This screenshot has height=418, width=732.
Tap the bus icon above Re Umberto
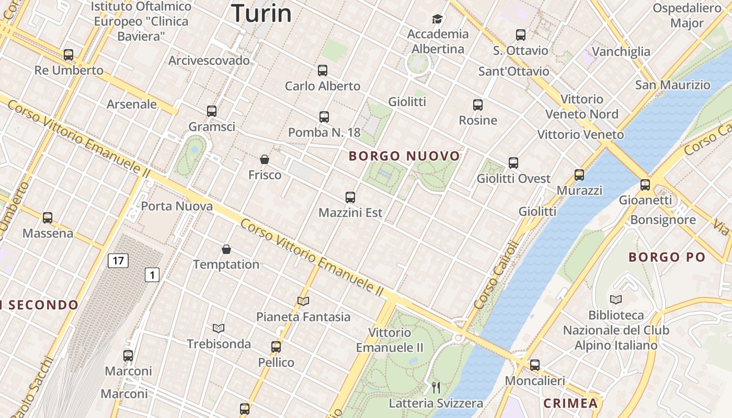click(x=68, y=54)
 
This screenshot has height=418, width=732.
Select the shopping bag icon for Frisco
click(x=265, y=159)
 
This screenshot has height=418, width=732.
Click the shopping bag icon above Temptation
click(x=226, y=249)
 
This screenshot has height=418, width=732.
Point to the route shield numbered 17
click(x=118, y=260)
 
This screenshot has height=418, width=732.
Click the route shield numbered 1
click(x=152, y=275)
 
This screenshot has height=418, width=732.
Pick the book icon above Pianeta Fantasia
click(x=303, y=301)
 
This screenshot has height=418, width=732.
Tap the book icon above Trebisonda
click(x=219, y=328)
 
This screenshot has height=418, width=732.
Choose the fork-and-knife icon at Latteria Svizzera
click(x=436, y=387)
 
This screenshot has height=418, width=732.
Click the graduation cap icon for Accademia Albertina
click(x=437, y=19)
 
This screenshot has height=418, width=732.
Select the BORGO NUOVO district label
click(x=404, y=156)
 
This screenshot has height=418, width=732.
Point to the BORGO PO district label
click(x=667, y=257)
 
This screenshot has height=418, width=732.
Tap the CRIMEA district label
click(x=570, y=403)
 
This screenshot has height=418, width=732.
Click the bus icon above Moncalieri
click(x=534, y=365)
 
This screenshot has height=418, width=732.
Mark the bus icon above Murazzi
click(x=579, y=175)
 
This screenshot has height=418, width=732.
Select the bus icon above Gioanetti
click(x=645, y=184)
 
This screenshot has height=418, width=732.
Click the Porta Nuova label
click(x=177, y=206)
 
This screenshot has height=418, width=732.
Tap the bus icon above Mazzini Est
click(x=350, y=198)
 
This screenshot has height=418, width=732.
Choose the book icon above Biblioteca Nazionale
click(x=616, y=300)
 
